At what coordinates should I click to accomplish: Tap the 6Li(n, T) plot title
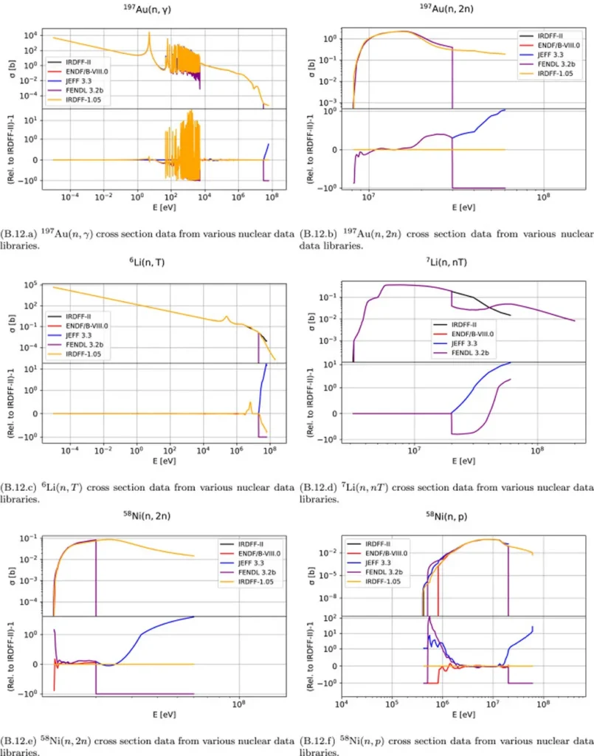(156, 264)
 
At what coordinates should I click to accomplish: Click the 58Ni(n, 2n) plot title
(156, 514)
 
